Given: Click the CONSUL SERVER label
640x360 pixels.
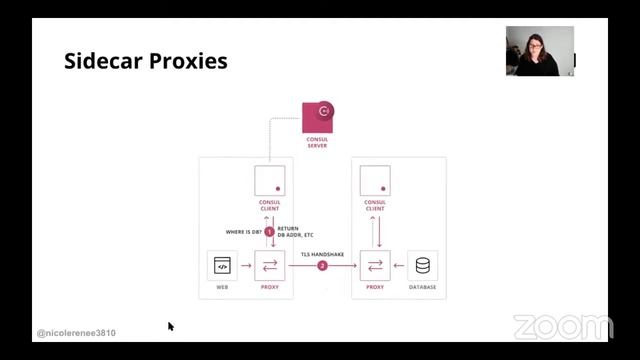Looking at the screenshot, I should pos(317,142).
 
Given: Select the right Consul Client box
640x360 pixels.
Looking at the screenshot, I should pos(375,180).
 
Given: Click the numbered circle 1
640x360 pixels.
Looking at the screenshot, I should pos(269,231).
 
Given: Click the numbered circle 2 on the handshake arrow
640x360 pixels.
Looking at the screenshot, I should pos(322,266).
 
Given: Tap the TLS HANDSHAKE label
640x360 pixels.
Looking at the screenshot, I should pos(322,252).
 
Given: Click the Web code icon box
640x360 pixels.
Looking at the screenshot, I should pos(222,265).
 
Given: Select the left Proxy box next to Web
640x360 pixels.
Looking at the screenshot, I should pos(270,265).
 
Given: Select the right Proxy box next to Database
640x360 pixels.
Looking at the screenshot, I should pos(375,265).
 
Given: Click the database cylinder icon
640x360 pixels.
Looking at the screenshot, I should pos(422,265).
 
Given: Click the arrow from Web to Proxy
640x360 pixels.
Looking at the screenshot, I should pos(246,266).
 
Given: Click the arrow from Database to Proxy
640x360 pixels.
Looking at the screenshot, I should pos(398,266).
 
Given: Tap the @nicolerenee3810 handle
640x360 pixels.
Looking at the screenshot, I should pos(76,333).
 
